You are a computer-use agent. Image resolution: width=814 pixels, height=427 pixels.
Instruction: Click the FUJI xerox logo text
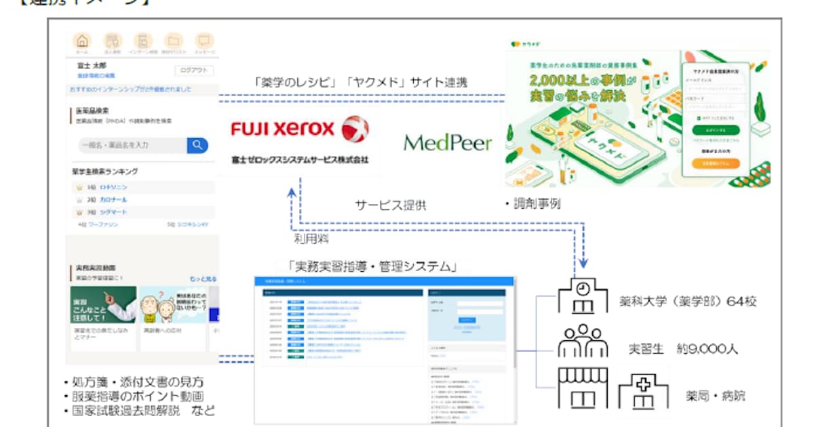tap(283, 129)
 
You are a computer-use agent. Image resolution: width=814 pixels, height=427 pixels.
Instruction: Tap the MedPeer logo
tap(448, 142)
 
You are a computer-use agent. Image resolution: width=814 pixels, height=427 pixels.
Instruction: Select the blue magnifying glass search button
tap(197, 145)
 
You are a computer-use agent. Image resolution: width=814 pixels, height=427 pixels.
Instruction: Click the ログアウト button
tap(195, 70)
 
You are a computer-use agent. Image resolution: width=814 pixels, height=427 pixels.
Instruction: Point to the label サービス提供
tap(391, 205)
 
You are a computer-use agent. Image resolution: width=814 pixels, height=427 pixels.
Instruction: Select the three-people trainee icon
tap(583, 341)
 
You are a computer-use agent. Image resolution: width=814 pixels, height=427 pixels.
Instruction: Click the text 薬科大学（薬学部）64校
tap(687, 302)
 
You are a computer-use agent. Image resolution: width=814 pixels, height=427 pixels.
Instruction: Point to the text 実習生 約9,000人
tap(682, 349)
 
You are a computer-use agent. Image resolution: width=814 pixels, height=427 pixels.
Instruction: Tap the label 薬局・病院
tap(715, 396)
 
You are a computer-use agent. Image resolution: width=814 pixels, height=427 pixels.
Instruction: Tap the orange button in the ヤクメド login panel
tap(716, 163)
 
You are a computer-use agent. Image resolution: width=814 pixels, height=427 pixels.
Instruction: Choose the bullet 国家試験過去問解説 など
tap(139, 411)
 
